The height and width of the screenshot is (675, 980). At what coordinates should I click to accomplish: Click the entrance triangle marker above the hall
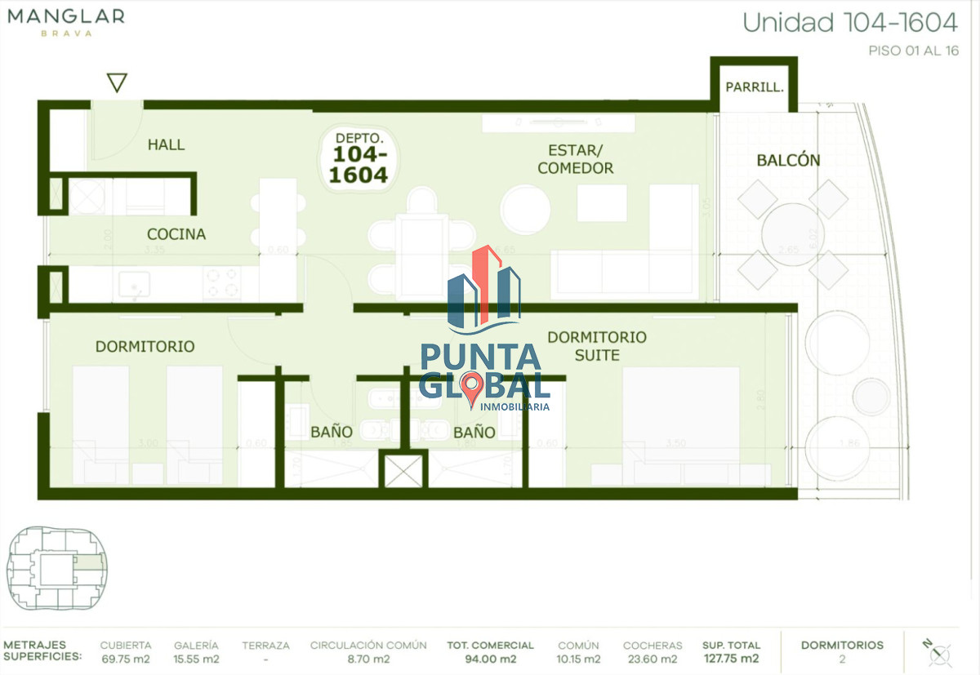click(118, 82)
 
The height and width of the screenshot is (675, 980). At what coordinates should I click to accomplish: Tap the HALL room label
click(166, 144)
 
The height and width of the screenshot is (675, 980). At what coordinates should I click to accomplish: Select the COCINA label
click(176, 234)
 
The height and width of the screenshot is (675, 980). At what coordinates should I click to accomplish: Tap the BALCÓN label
click(788, 160)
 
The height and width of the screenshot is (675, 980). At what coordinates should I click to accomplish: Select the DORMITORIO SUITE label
click(597, 346)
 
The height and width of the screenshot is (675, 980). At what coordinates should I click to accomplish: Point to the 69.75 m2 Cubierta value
click(125, 659)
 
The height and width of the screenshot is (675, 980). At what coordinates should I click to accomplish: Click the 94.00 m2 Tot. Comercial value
click(490, 659)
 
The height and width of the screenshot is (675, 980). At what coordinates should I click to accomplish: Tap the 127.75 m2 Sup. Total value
click(731, 659)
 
